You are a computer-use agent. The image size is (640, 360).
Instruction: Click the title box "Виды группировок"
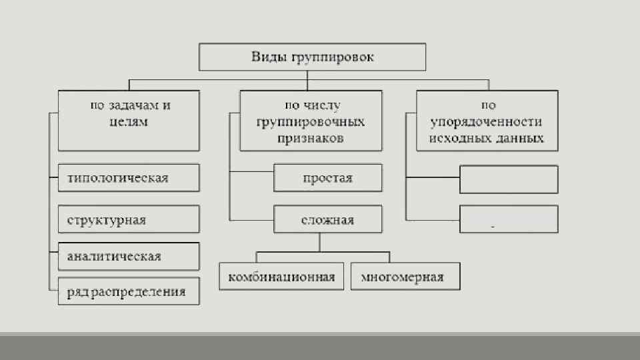tap(313, 57)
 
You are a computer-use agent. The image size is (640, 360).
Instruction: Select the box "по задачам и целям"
tap(129, 121)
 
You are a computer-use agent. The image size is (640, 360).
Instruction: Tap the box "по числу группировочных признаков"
tap(311, 121)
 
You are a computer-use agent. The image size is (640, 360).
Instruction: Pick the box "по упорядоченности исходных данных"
tap(487, 121)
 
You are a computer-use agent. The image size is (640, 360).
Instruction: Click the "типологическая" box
tap(129, 178)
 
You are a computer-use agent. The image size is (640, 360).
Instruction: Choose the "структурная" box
tap(129, 219)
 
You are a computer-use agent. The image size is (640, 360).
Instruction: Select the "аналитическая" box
tap(129, 256)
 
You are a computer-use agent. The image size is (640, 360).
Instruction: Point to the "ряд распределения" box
tap(129, 291)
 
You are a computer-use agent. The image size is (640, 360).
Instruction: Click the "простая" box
tap(328, 178)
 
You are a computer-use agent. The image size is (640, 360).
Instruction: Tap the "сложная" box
tap(328, 219)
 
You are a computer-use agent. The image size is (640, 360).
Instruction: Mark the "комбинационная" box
tap(281, 277)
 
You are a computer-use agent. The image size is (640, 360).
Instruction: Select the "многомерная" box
tap(405, 277)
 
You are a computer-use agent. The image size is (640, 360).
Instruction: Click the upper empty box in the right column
tap(509, 179)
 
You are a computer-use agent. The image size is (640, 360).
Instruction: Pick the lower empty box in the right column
tap(509, 219)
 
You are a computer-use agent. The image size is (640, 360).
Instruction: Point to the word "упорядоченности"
tap(487, 122)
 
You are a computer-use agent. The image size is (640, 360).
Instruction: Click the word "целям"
tap(127, 123)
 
